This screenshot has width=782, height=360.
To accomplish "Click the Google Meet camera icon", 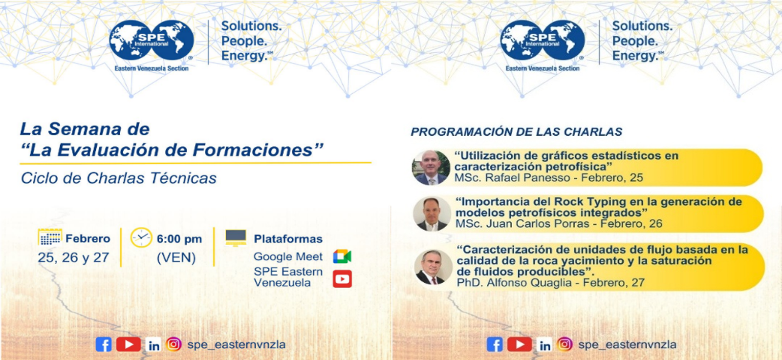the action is coord(342,256).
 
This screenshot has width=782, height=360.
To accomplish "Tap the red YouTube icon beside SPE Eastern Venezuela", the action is coord(342,279).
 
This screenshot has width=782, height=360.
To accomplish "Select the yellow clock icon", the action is coord(141,237).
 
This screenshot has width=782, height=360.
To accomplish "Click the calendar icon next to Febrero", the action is coord(50,237).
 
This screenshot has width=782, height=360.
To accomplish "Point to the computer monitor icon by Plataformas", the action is coord(236,238).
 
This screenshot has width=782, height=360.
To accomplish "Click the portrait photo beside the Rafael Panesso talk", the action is coord(431,168).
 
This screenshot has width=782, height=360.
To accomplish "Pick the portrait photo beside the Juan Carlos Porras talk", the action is coord(432,213).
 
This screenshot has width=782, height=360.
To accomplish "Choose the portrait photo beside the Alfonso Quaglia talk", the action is coord(433,267).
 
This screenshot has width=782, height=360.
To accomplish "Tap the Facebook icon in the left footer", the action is coord(104,344).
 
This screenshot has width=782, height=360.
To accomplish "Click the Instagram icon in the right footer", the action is coord(565,344).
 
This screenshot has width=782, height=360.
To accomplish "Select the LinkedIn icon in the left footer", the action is coord(153,345).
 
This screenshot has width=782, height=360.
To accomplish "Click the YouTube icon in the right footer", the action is coord(520,344).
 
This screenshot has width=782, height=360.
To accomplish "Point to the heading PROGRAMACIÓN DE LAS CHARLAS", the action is coord(516,132).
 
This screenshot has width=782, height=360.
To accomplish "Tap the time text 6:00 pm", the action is coord(179,239).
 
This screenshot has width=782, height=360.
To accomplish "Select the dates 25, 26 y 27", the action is coord(73,257).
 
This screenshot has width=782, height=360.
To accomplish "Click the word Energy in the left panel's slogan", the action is coord(244,56).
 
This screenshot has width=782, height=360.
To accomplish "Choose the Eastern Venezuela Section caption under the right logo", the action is coord(543,68).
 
